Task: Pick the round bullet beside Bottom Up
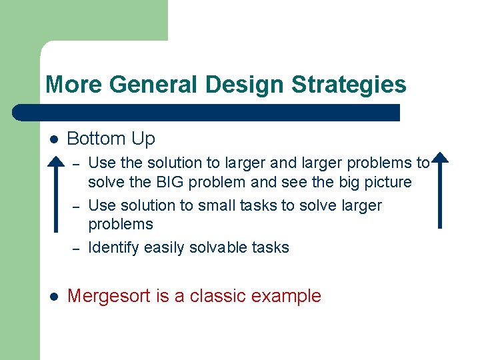tap(55, 139)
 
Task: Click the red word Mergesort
tap(109, 296)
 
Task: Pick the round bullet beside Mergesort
tap(55, 297)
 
